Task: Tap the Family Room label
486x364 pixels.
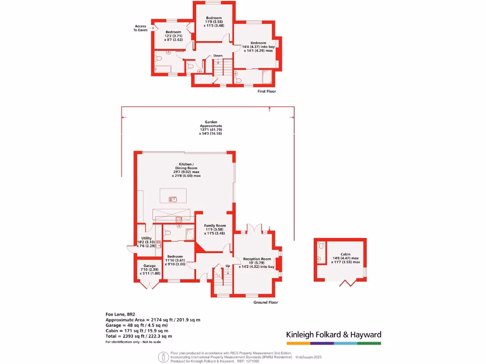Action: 215,229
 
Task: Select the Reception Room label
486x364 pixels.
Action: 257,263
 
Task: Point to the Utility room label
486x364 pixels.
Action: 146,241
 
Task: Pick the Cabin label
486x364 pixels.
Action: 345,258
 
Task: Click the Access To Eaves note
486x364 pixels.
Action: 140,28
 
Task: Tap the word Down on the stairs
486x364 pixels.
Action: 218,56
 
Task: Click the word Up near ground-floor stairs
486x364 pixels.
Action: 228,265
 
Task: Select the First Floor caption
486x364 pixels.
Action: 266,91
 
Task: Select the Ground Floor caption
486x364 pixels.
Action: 266,302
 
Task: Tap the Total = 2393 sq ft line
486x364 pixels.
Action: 139,336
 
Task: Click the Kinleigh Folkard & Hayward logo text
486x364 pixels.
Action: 334,335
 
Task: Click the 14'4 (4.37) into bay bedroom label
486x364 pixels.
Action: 259,47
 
